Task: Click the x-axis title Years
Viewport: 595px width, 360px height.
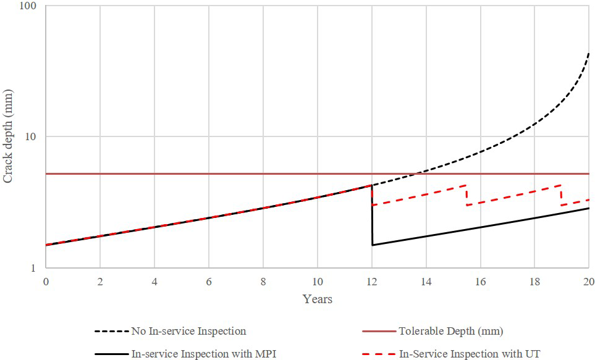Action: coord(318,299)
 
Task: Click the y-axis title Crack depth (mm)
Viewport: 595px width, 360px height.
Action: coord(9,136)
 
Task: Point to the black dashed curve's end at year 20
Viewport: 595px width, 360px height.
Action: coord(588,54)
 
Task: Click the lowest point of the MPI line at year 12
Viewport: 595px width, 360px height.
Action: coord(372,245)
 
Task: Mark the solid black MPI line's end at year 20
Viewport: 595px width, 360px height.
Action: coord(588,208)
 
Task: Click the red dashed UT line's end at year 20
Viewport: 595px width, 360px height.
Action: coord(588,199)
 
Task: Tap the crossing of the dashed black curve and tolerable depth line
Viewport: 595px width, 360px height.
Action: coord(419,174)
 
